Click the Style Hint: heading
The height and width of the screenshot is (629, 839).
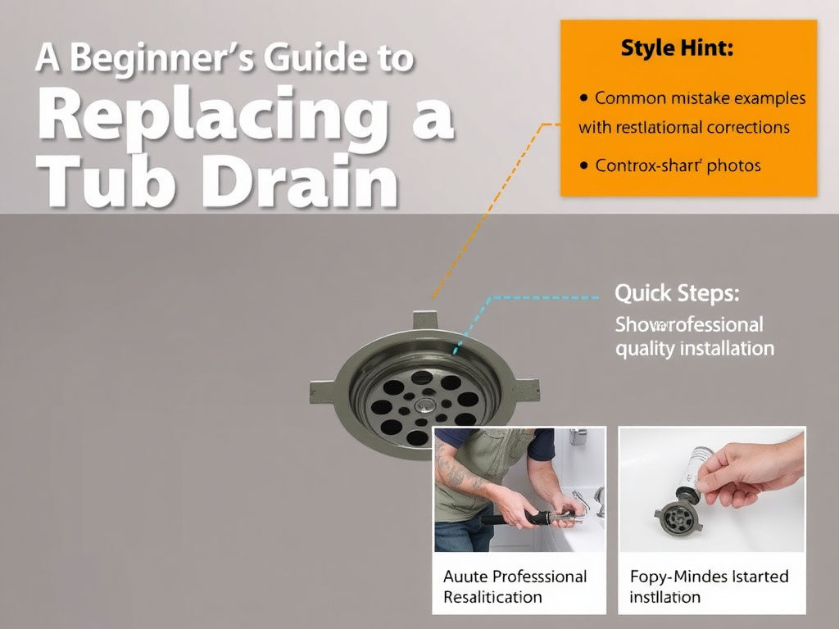pos(677,48)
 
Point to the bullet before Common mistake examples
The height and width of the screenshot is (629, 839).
pos(583,97)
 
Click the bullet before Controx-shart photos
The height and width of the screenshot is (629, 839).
pos(583,165)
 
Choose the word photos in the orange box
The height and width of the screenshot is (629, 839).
pos(734,165)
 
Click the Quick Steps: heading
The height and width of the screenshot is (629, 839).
pos(677,292)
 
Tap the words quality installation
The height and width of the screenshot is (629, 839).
pos(694,348)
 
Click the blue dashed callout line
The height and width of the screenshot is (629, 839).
pos(541,298)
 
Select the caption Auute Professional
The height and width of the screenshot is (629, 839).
pos(515,577)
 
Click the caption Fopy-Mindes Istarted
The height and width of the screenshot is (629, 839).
pos(709,577)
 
